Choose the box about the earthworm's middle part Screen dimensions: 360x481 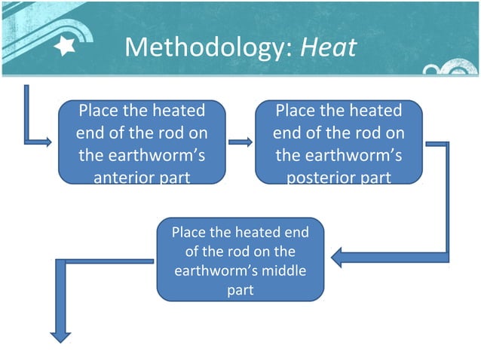pos(240,260)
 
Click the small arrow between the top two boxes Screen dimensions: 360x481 pos(240,141)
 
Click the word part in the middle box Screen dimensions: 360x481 pos(240,289)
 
